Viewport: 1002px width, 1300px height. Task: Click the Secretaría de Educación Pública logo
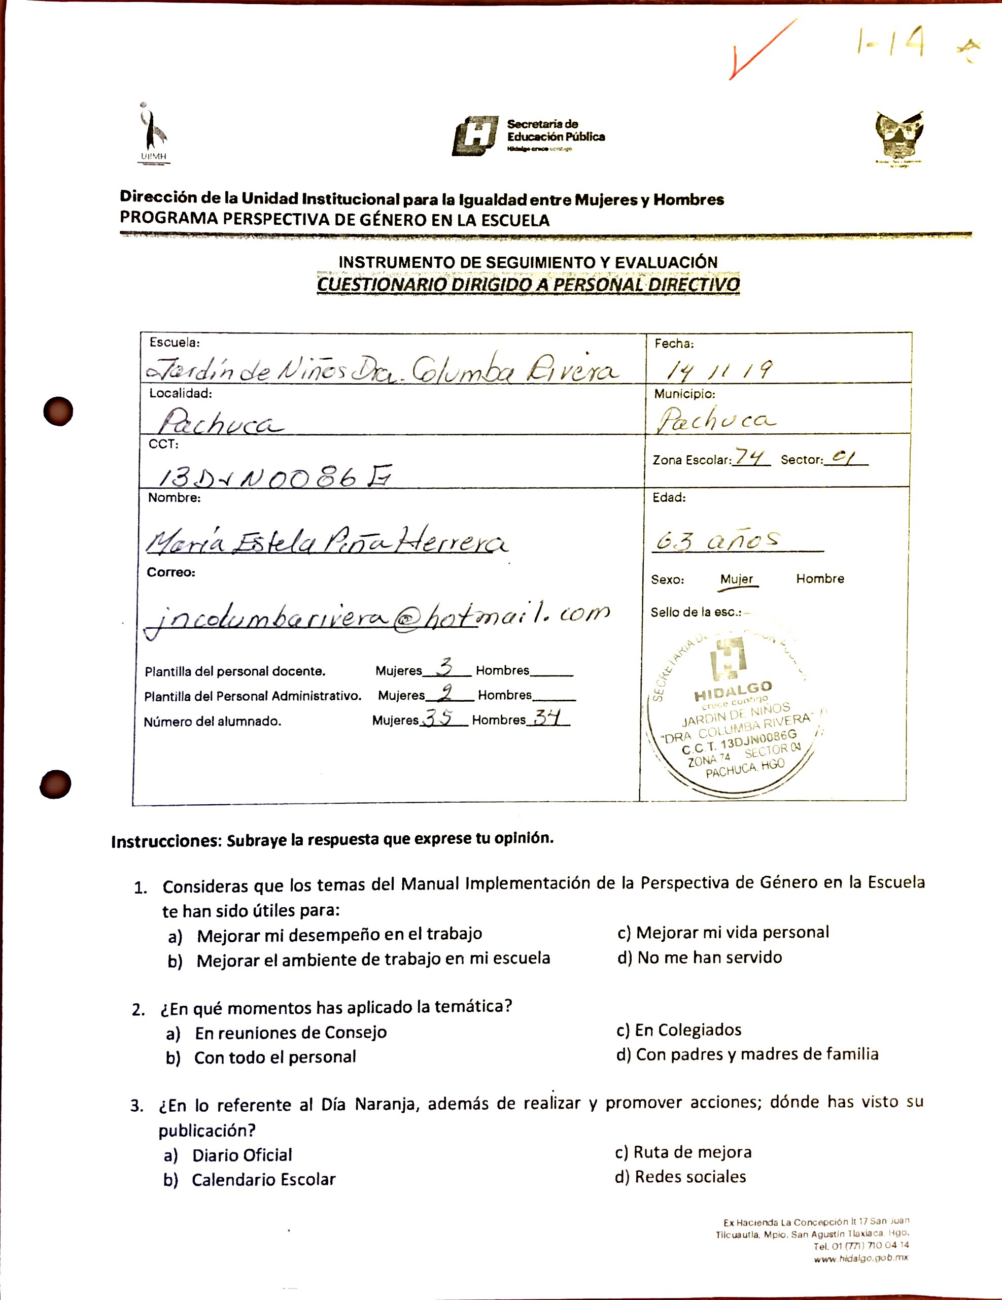(528, 135)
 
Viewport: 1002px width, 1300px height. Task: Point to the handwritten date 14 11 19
(719, 370)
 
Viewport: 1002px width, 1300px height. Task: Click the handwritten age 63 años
(717, 540)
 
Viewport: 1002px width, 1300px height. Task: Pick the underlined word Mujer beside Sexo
(737, 579)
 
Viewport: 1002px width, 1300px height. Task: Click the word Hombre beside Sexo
(820, 578)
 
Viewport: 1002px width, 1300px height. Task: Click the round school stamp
(734, 714)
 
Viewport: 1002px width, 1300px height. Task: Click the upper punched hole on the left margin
(58, 410)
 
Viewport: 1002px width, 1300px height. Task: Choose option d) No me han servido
(700, 957)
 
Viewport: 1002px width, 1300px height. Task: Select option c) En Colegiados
(679, 1030)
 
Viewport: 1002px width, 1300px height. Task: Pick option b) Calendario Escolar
(250, 1180)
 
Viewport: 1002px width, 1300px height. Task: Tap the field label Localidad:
(180, 393)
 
